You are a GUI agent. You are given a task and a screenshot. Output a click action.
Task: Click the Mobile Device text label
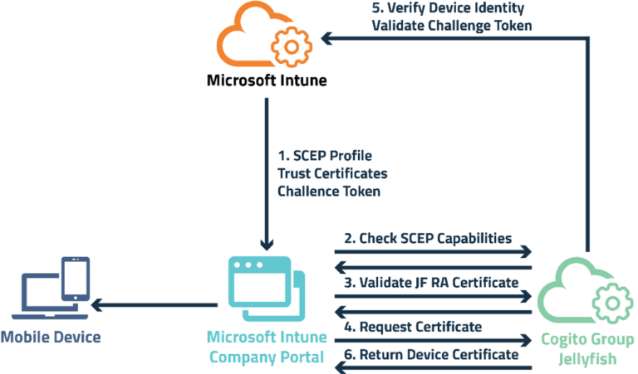click(x=51, y=338)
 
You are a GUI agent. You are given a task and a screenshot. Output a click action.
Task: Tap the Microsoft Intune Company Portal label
click(x=266, y=348)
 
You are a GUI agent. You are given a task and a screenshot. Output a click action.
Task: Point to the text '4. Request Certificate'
click(x=413, y=327)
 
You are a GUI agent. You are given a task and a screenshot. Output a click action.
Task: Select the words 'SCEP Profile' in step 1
click(x=336, y=157)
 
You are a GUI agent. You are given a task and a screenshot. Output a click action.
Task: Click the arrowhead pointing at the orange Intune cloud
click(x=328, y=37)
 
